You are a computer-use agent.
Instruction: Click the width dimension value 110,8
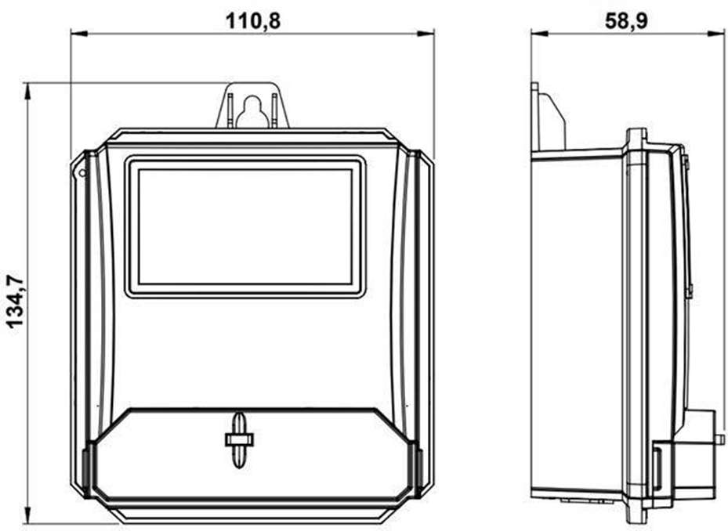253,21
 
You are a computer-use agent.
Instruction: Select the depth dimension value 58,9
626,21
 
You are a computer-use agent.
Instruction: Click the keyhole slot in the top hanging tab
252,111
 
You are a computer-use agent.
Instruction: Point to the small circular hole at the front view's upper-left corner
82,173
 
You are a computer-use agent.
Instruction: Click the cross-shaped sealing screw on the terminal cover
239,439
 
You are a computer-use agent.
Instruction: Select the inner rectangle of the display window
245,226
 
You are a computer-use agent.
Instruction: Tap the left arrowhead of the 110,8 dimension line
79,34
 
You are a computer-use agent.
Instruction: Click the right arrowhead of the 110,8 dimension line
426,34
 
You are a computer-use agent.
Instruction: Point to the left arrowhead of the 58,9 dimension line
540,34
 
